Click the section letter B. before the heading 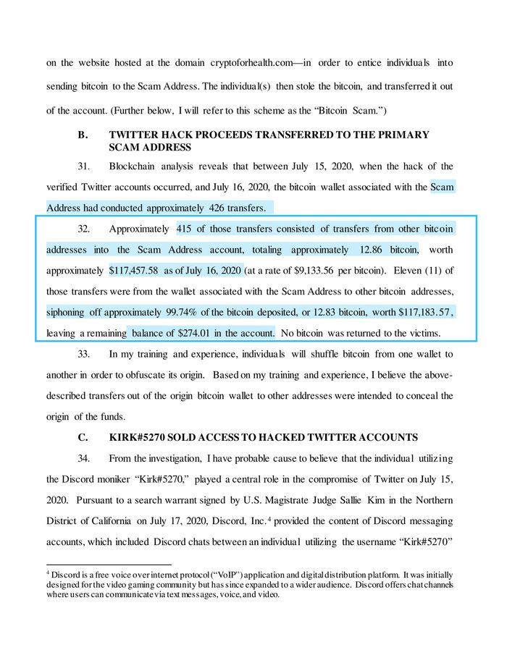click(x=83, y=135)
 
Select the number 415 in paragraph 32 click(x=185, y=229)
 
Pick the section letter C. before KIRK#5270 click(x=83, y=437)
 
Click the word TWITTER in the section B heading click(x=139, y=135)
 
